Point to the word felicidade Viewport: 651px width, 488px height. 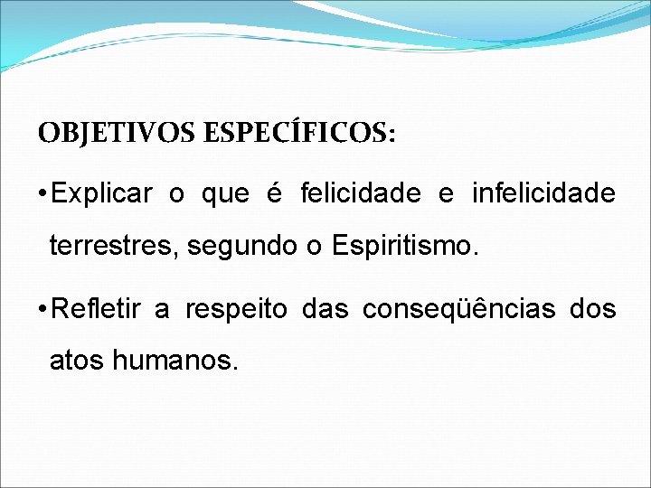(359, 194)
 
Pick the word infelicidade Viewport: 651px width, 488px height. (543, 194)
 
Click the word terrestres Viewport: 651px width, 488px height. (113, 246)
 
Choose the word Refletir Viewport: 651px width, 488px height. (96, 310)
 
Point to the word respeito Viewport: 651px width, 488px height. (236, 310)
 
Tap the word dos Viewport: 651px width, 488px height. (593, 310)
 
